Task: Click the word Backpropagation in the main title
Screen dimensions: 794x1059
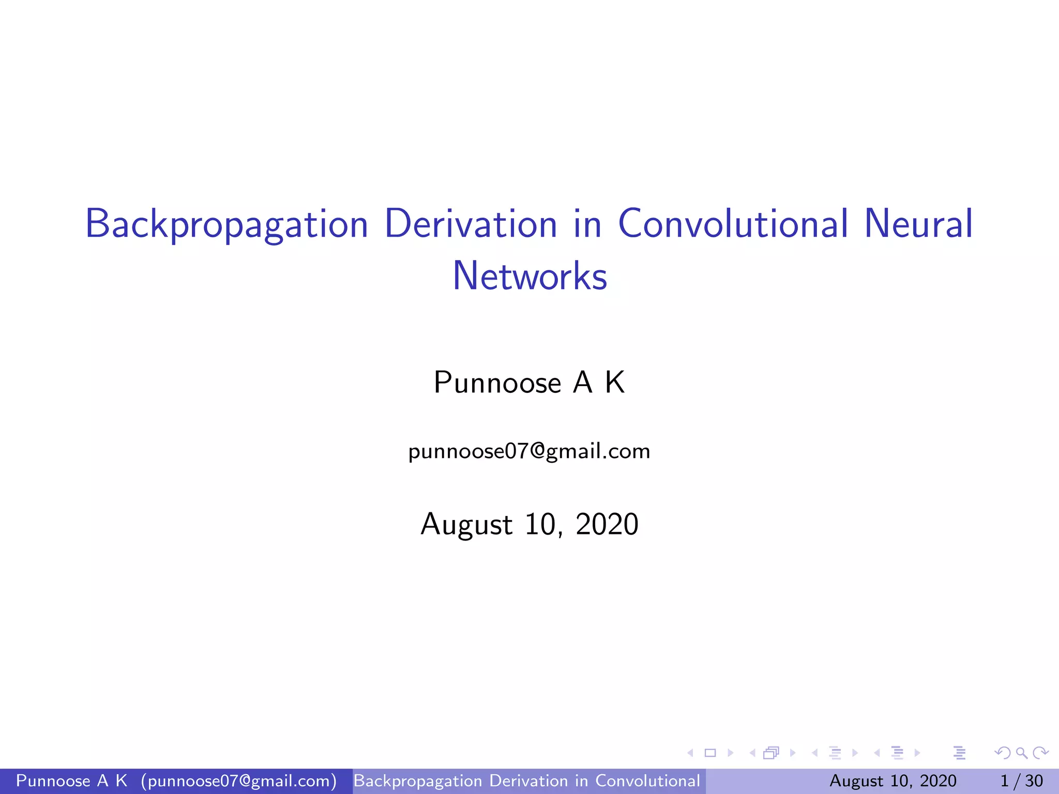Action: pyautogui.click(x=226, y=224)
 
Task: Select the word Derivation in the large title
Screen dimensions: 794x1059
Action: pyautogui.click(x=471, y=224)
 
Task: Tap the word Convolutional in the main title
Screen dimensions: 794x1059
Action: pyautogui.click(x=733, y=224)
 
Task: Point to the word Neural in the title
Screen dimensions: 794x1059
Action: pyautogui.click(x=918, y=224)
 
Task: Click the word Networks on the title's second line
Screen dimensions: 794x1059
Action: pyautogui.click(x=529, y=276)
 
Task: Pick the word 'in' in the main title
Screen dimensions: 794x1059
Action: pyautogui.click(x=587, y=224)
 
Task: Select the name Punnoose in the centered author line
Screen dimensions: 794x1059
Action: pyautogui.click(x=497, y=383)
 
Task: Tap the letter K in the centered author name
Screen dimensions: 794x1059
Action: pyautogui.click(x=615, y=383)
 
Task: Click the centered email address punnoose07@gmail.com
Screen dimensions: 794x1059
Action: pyautogui.click(x=529, y=451)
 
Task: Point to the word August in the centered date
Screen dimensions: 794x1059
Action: pyautogui.click(x=466, y=524)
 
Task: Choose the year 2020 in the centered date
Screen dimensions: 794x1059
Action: pyautogui.click(x=607, y=524)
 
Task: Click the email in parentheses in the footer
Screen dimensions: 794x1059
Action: pyautogui.click(x=239, y=781)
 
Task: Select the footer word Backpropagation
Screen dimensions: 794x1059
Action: pyautogui.click(x=418, y=781)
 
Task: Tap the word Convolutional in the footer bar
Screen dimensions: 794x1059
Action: pyautogui.click(x=647, y=781)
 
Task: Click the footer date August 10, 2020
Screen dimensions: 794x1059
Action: pyautogui.click(x=893, y=781)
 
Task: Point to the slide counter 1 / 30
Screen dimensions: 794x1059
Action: pyautogui.click(x=1021, y=781)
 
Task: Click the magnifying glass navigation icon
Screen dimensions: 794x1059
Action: pyautogui.click(x=1021, y=753)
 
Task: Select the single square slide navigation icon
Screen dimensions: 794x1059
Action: pyautogui.click(x=710, y=753)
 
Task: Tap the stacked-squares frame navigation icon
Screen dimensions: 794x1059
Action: pyautogui.click(x=771, y=753)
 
